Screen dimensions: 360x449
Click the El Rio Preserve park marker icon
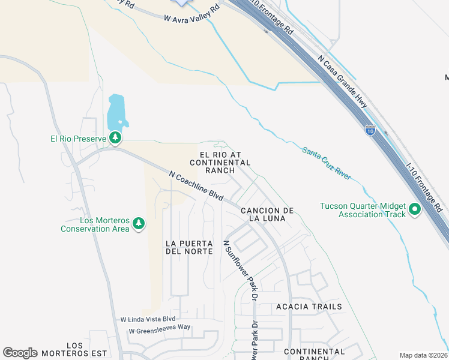(115, 139)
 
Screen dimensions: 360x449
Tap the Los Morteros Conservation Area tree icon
(139, 223)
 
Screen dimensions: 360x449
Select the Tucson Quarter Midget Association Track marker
(415, 210)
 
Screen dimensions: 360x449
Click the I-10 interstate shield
(370, 130)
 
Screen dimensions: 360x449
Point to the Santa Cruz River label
(327, 163)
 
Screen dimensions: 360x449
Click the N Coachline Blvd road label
(196, 187)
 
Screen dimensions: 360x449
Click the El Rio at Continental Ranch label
(220, 162)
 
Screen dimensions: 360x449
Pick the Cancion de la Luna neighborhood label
(267, 214)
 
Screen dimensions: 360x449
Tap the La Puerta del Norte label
(189, 247)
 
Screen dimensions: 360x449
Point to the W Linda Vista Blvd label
(148, 319)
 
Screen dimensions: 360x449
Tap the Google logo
(20, 353)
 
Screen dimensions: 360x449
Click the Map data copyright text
(423, 355)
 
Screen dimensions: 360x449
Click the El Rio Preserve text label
(78, 139)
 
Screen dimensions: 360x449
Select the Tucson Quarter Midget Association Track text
(363, 210)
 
